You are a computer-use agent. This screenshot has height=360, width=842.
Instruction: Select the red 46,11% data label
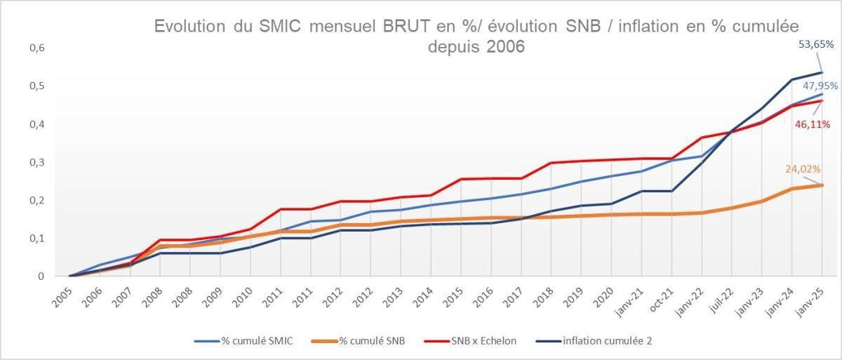coord(812,124)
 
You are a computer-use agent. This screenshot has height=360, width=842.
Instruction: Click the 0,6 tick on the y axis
coord(36,48)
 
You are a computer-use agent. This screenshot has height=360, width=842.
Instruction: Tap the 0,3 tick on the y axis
coord(36,162)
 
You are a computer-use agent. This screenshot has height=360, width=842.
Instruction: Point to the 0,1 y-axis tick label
coord(36,239)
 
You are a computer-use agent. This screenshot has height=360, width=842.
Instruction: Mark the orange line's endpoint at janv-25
coord(822,185)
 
